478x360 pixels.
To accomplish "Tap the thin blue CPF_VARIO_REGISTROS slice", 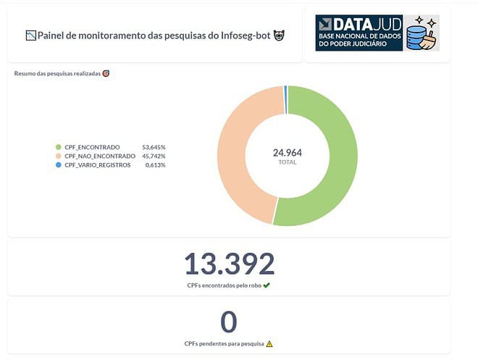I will (286, 90).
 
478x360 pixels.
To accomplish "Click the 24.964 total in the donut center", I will (288, 153).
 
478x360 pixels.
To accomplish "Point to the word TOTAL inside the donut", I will (288, 162).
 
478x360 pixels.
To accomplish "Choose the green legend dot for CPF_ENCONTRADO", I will (58, 147).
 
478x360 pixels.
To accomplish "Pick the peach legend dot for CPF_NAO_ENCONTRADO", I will (58, 156).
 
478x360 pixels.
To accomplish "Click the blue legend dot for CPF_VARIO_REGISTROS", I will (58, 164).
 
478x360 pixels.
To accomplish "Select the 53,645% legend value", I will (154, 147).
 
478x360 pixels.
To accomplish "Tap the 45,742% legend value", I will (154, 156).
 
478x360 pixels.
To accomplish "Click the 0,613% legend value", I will (155, 164).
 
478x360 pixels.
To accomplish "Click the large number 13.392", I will (229, 264).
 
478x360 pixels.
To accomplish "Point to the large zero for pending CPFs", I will (229, 322).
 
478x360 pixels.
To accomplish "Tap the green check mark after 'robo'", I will (267, 285).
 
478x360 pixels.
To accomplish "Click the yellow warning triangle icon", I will (269, 344).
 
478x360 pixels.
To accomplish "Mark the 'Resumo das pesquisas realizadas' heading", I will (57, 73).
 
